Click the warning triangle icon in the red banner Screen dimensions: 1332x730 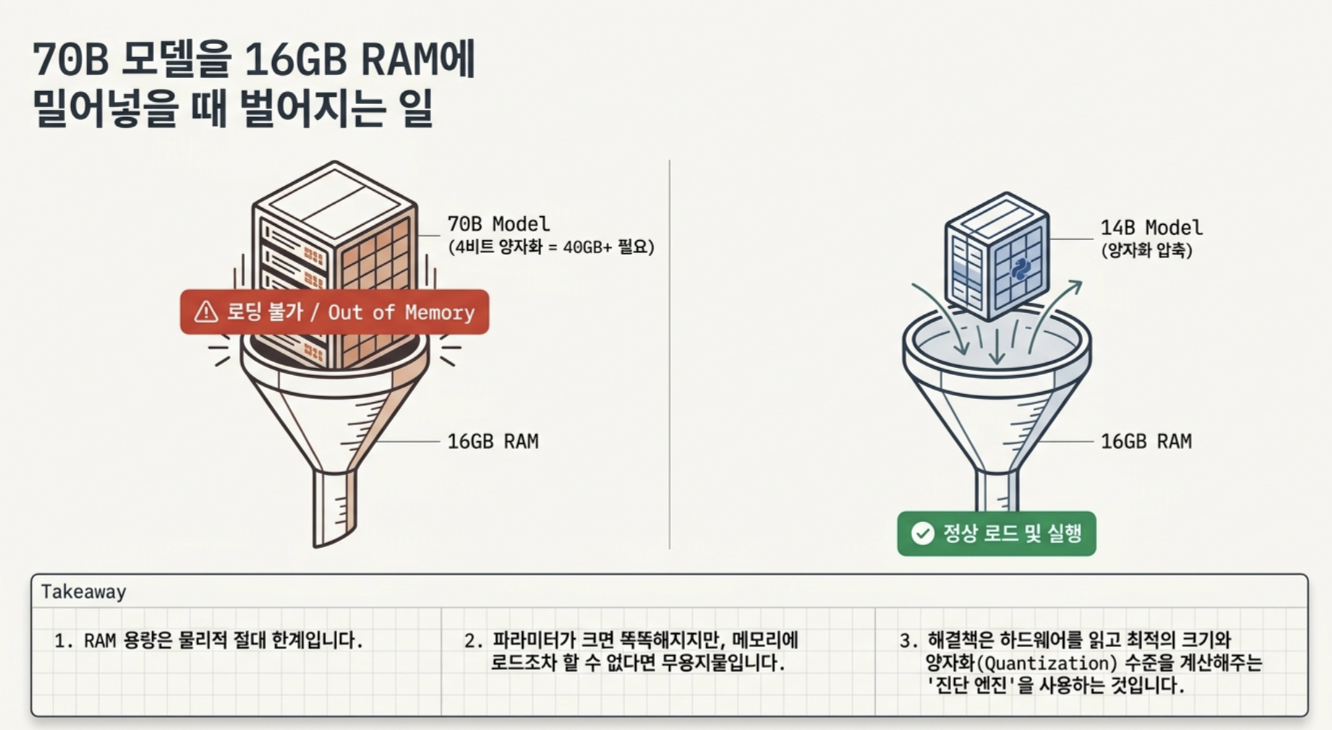(206, 312)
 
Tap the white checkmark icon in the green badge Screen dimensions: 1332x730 (923, 533)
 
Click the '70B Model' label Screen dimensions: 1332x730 (498, 224)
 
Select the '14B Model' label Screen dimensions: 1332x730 (1152, 228)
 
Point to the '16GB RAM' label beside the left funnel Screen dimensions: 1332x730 (493, 441)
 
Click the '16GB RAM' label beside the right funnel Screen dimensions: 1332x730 (1146, 441)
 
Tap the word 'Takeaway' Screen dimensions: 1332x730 (84, 592)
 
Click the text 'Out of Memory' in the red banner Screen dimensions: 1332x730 (401, 312)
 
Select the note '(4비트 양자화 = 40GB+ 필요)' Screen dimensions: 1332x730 (551, 247)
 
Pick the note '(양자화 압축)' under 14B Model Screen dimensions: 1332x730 (1147, 251)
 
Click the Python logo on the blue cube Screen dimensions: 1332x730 (1020, 269)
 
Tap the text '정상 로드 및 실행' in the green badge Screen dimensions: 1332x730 (1012, 533)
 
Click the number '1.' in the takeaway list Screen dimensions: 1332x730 (64, 640)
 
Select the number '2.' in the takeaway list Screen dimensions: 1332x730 (474, 640)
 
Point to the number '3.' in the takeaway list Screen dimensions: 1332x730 (909, 640)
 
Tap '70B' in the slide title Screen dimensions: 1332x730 (71, 59)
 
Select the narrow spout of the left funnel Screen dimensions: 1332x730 (335, 507)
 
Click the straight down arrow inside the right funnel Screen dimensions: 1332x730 (997, 346)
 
